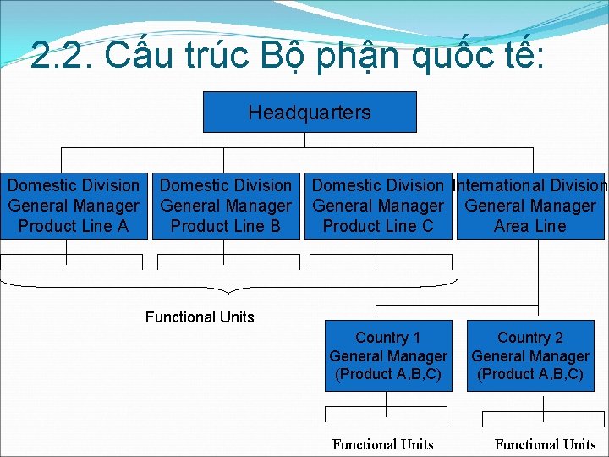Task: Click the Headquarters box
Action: [x=310, y=113]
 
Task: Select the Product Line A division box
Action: [x=74, y=206]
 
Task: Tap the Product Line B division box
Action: [x=226, y=206]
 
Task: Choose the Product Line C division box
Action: [x=378, y=206]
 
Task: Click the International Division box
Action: [x=530, y=206]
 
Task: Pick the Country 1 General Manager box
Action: [x=388, y=356]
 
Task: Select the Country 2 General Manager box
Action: [x=530, y=356]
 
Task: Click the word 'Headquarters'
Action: [x=310, y=113]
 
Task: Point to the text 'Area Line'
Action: [x=530, y=226]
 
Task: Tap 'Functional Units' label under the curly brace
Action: [x=200, y=317]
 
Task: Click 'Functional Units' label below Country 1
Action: [x=383, y=444]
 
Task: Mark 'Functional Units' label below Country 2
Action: [x=546, y=444]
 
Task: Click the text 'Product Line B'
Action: [x=226, y=226]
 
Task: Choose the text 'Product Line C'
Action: [x=378, y=226]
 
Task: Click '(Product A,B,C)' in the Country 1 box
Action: [x=388, y=374]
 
